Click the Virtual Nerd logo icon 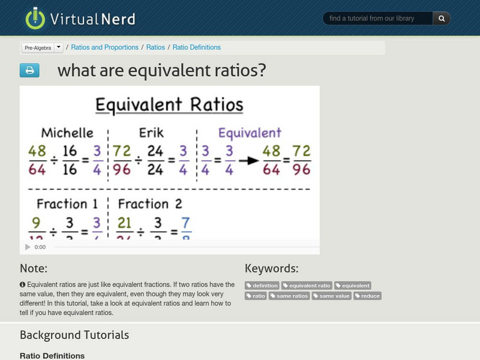tap(35, 18)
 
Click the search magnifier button tap(442, 19)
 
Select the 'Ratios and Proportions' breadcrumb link tap(105, 47)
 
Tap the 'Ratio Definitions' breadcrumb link tap(197, 47)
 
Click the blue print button tap(29, 71)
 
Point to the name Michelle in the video tap(67, 133)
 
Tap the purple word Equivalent tap(249, 133)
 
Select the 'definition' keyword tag tap(262, 286)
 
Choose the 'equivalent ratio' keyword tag tap(307, 286)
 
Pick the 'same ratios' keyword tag tap(289, 296)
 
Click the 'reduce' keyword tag tap(367, 296)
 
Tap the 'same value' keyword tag tap(332, 296)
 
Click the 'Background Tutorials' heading tap(74, 335)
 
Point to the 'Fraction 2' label tap(150, 204)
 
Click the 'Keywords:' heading tap(271, 268)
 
